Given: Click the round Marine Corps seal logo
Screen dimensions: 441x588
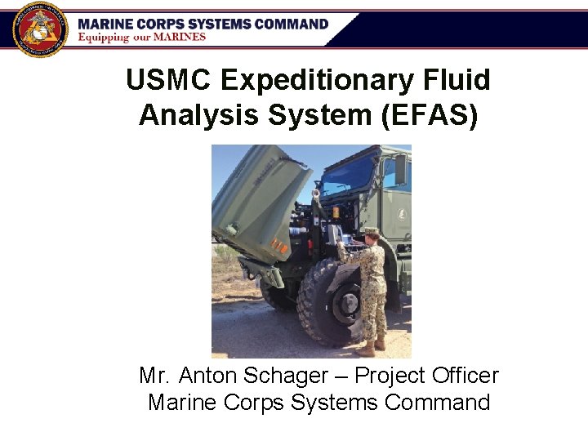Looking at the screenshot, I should coord(38,28).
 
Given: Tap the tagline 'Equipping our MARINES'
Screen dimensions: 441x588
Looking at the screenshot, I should coord(142,37).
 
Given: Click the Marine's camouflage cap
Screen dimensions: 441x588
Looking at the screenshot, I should coord(372,231).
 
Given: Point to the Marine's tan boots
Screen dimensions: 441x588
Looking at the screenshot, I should coord(371,346).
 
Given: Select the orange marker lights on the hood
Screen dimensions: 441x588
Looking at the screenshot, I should coord(278,245).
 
